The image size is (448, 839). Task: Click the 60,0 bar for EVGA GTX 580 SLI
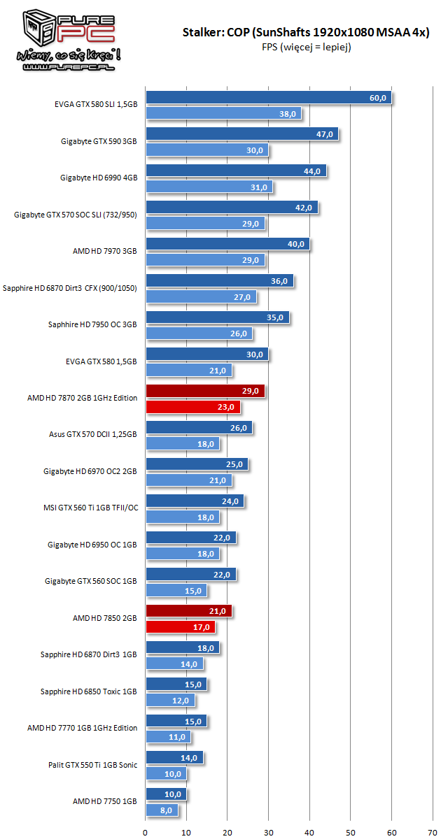point(269,98)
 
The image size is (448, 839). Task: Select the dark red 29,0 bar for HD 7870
point(205,391)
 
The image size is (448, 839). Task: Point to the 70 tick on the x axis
point(433,832)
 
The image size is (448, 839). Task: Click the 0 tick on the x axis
point(146,832)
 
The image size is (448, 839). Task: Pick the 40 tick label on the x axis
point(309,832)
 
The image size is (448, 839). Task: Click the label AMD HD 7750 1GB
point(104,801)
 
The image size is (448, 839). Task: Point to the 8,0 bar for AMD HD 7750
point(162,810)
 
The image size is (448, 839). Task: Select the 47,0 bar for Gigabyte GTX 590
point(241,134)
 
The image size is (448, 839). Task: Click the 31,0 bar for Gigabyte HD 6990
point(209,187)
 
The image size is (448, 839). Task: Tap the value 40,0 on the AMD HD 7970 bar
point(296,244)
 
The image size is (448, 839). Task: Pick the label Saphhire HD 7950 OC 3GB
point(92,324)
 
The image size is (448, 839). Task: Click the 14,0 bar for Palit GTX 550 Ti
point(174,757)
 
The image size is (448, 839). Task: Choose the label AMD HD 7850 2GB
point(104,618)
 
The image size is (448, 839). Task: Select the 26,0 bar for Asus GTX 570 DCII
point(199,427)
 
